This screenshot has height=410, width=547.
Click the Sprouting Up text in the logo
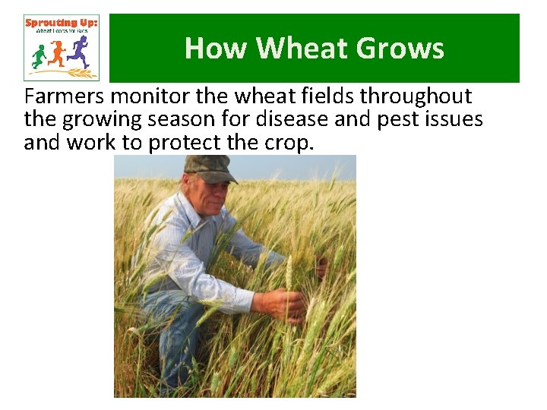(x=61, y=24)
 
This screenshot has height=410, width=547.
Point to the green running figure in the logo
(x=40, y=55)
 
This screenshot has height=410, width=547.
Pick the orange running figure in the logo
(x=58, y=53)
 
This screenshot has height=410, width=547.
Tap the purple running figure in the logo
(x=78, y=52)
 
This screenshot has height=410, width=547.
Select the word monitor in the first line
(x=153, y=97)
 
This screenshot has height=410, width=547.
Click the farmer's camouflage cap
(x=209, y=168)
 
